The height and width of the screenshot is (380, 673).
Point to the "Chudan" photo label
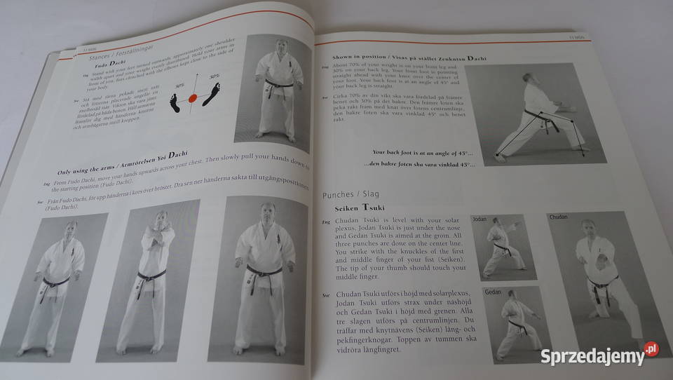point(559,217)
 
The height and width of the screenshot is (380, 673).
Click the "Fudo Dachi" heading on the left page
point(111,65)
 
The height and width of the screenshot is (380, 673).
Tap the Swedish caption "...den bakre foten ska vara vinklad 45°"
point(419,165)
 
